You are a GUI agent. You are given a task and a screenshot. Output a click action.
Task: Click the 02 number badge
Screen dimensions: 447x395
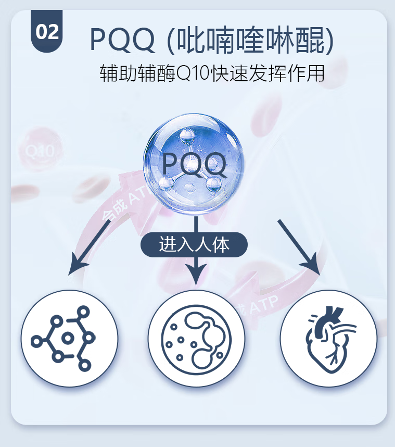[46, 32]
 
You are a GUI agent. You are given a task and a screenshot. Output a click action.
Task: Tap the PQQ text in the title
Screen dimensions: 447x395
[122, 40]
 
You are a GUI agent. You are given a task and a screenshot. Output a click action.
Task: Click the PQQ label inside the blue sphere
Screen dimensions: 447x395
[194, 164]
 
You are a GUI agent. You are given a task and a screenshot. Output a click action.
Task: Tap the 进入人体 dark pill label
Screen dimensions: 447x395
[194, 244]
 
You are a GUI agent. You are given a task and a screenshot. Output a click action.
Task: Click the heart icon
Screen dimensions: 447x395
[329, 339]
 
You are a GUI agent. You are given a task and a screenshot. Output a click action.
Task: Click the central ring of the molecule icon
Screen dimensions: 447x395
[67, 339]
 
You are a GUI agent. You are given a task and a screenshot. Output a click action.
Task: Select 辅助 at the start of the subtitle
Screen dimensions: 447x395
[115, 73]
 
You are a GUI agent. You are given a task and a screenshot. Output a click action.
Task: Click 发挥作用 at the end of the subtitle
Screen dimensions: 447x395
[294, 73]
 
